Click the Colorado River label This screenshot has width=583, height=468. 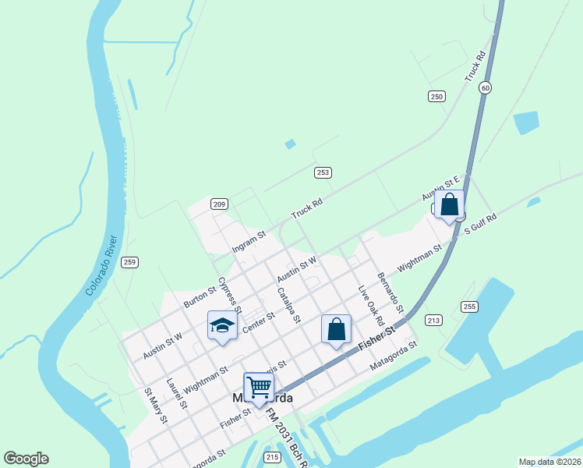click(101, 264)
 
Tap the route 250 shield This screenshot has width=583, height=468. click(436, 96)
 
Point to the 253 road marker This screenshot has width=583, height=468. click(323, 172)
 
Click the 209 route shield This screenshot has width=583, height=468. click(219, 204)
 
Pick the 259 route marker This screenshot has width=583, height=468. click(130, 262)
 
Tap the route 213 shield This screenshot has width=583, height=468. click(433, 320)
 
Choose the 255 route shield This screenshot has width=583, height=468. click(468, 307)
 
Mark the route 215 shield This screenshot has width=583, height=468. click(271, 457)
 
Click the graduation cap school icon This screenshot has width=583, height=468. click(222, 325)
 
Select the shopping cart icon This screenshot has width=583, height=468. click(258, 386)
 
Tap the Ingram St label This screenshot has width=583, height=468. click(249, 241)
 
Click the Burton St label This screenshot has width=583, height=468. click(200, 296)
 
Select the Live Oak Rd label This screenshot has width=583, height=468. click(371, 307)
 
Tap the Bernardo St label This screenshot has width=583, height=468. click(390, 289)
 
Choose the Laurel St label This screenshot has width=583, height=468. click(177, 392)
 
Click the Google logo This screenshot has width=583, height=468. click(26, 459)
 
